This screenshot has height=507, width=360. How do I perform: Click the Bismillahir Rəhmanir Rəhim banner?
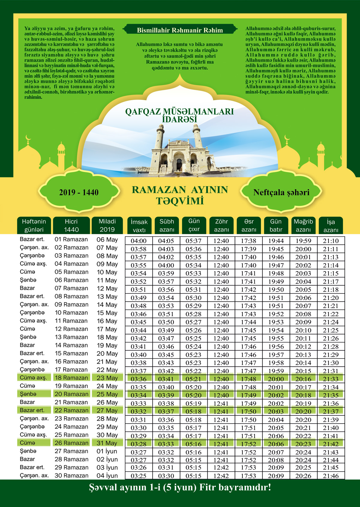pyautogui.click(x=180, y=30)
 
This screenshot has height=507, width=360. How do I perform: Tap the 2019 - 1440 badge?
pyautogui.click(x=79, y=192)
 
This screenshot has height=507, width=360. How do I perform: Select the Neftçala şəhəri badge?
pyautogui.click(x=281, y=192)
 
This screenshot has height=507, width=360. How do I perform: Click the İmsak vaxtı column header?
pyautogui.click(x=139, y=226)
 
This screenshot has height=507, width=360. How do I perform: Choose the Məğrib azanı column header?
pyautogui.click(x=303, y=225)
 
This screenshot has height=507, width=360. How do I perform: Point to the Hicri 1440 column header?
pyautogui.click(x=71, y=225)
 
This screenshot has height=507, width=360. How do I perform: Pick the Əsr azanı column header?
pyautogui.click(x=249, y=225)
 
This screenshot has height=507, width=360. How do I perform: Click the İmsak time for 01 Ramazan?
pyautogui.click(x=139, y=241)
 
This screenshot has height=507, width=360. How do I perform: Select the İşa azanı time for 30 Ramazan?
pyautogui.click(x=331, y=476)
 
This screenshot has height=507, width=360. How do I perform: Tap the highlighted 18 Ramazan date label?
pyautogui.click(x=71, y=378)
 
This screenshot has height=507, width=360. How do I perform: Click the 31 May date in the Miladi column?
pyautogui.click(x=107, y=443)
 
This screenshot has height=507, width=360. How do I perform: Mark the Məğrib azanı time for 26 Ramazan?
pyautogui.click(x=303, y=444)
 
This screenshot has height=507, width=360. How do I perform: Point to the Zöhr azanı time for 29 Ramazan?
pyautogui.click(x=222, y=467)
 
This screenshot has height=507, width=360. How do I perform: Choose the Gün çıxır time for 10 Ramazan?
pyautogui.click(x=193, y=314)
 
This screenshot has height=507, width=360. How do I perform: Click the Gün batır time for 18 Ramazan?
pyautogui.click(x=276, y=379)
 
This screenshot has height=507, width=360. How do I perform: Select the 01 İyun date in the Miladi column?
pyautogui.click(x=107, y=451)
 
